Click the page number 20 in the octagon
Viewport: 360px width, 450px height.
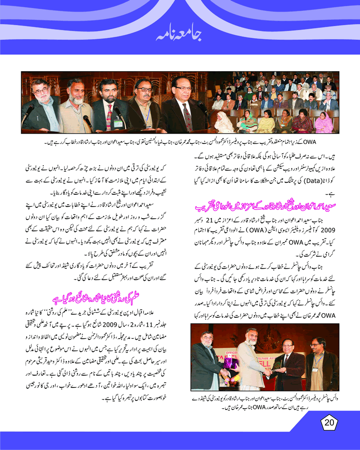click(329, 423)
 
